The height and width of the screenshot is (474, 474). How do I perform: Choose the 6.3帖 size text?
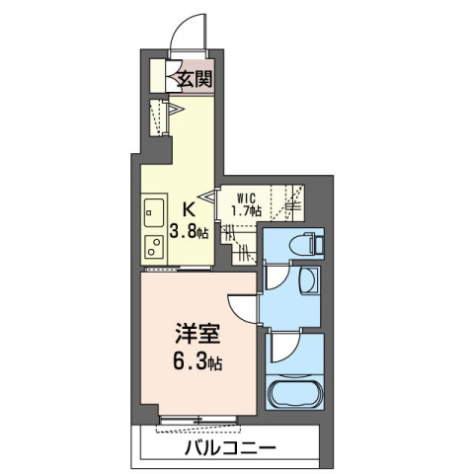(x=197, y=361)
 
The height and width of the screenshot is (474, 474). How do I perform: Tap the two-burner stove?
(x=154, y=243)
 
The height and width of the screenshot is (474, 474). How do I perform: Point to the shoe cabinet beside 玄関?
(x=158, y=78)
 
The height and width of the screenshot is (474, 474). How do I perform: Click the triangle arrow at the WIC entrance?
(x=210, y=197)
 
